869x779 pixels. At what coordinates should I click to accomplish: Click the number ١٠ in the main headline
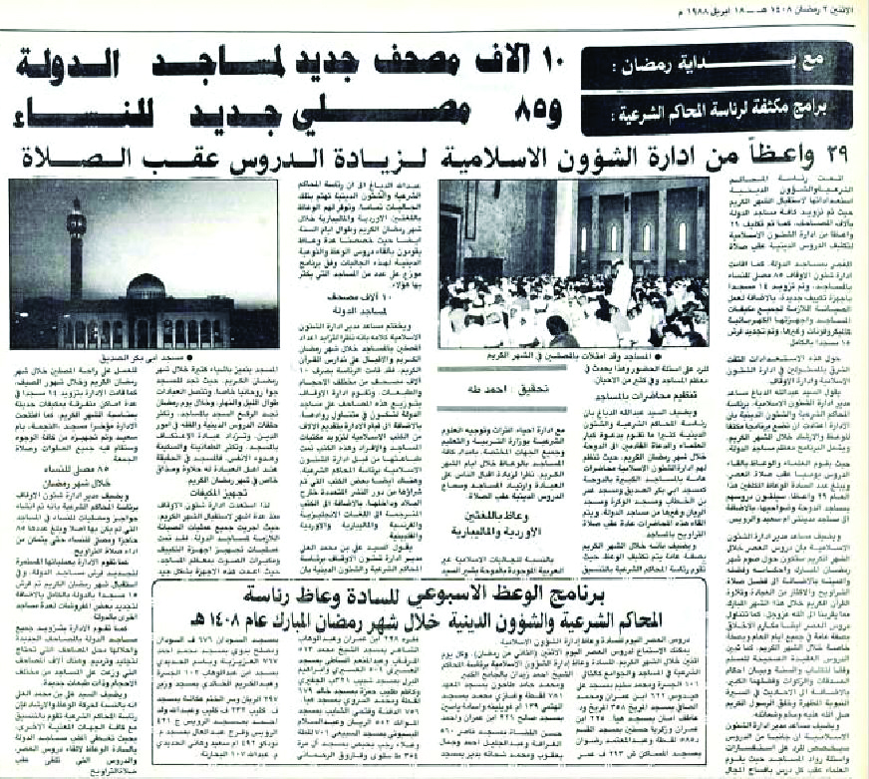click(x=573, y=64)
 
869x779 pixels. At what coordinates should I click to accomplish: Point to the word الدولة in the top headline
click(x=70, y=64)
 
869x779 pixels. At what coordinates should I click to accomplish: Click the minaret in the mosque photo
click(x=77, y=249)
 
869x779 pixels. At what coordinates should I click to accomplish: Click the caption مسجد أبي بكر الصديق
click(x=238, y=356)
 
